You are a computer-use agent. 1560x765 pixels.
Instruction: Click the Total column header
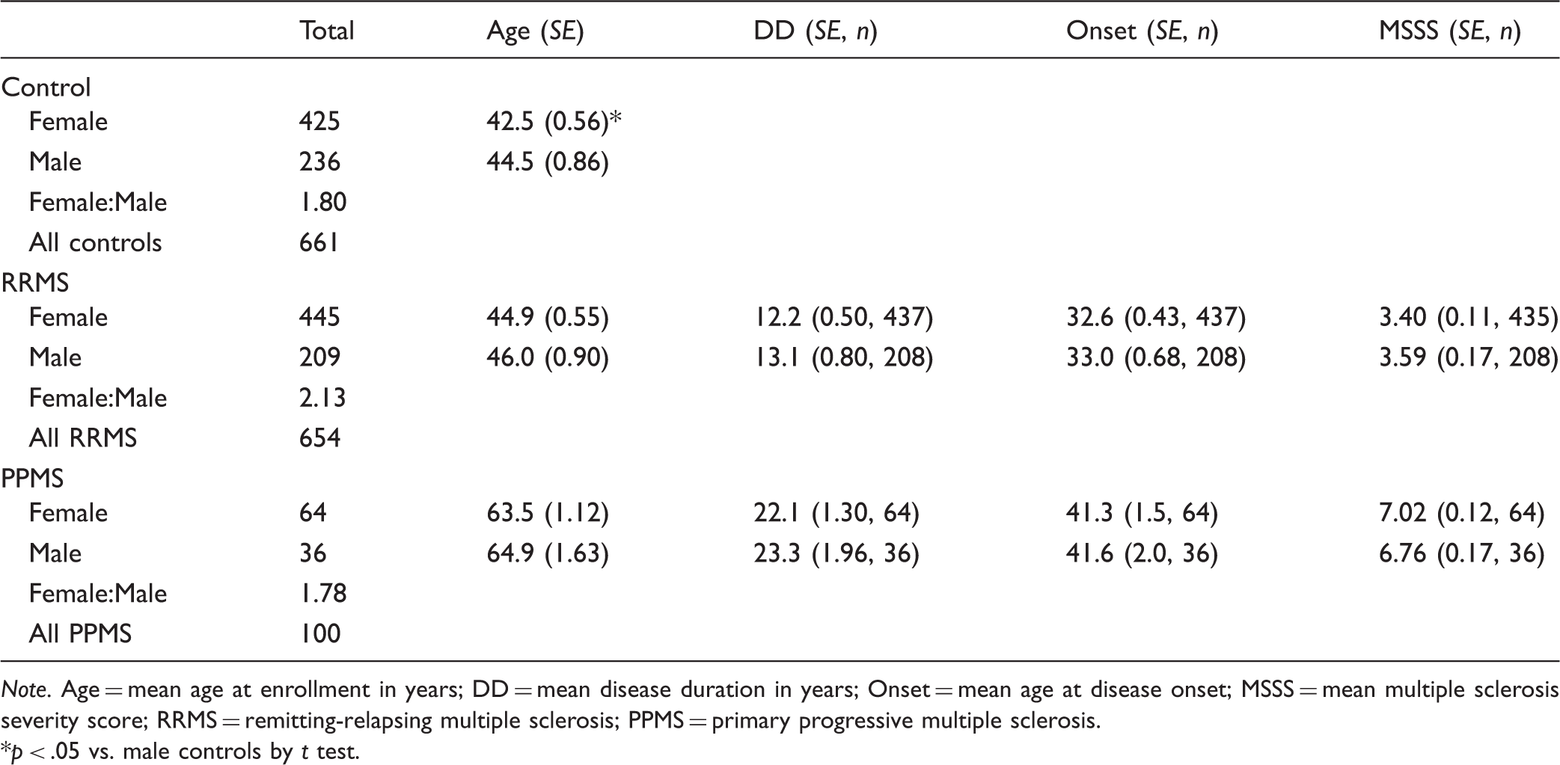click(326, 31)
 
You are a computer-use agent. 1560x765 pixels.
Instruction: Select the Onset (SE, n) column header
click(1142, 31)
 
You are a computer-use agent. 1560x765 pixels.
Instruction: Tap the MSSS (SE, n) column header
click(1449, 31)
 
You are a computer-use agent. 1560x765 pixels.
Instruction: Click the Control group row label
click(46, 87)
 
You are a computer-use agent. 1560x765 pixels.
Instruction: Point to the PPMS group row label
click(32, 478)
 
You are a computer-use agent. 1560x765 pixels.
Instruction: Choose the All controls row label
click(95, 242)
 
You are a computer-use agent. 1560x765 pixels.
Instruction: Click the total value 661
click(319, 242)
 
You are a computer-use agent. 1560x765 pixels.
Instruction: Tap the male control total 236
click(319, 162)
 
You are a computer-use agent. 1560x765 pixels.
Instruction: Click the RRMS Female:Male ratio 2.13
click(322, 397)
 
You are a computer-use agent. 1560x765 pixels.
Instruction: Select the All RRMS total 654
click(319, 437)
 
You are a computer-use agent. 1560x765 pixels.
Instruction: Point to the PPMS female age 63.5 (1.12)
click(548, 512)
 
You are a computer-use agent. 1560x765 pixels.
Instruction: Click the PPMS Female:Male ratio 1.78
click(322, 593)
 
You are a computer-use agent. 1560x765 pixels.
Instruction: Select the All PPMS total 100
click(319, 633)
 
